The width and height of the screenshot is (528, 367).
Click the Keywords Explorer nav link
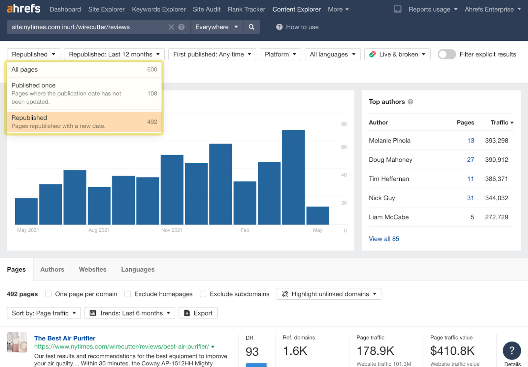(x=159, y=10)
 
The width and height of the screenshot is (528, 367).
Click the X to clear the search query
(x=171, y=27)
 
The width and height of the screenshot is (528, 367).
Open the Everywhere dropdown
(x=216, y=27)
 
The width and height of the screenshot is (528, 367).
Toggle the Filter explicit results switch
(x=446, y=54)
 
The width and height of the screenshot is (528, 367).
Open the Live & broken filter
(x=397, y=54)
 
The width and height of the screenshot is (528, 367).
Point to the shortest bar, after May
(x=317, y=216)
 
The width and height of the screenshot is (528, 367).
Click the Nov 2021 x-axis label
(x=172, y=230)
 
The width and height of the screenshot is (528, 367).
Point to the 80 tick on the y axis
(x=344, y=124)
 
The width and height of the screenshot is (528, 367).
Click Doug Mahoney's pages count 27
(x=471, y=160)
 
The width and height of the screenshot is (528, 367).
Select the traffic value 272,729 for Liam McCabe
(x=496, y=217)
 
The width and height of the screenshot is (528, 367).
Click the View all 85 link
(x=384, y=239)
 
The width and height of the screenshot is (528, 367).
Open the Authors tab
(x=52, y=269)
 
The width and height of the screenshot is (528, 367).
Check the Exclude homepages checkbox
(x=128, y=294)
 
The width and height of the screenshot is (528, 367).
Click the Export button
(x=198, y=313)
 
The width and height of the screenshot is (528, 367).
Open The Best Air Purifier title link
(x=65, y=338)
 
